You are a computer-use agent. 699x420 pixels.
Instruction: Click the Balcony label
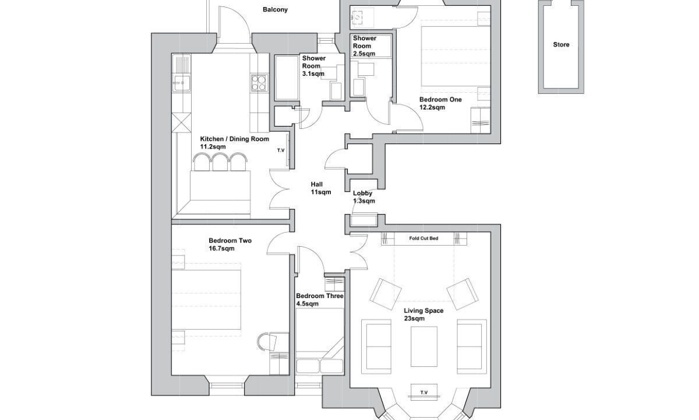click(275, 10)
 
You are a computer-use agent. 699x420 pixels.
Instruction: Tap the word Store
click(561, 45)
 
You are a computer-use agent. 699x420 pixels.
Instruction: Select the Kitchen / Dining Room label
click(234, 139)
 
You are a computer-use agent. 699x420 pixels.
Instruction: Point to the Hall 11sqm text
click(320, 188)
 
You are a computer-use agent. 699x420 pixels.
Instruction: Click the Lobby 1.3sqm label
click(364, 197)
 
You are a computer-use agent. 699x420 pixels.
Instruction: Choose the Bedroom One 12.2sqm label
click(440, 103)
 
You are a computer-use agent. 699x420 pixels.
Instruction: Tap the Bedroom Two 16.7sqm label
click(230, 244)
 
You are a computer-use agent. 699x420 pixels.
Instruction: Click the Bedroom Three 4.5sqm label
click(320, 300)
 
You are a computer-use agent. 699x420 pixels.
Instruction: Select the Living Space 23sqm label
click(423, 314)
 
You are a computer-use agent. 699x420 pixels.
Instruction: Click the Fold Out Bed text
click(423, 239)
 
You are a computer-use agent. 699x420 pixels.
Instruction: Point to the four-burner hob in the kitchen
click(259, 83)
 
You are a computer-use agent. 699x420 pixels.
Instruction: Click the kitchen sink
click(182, 83)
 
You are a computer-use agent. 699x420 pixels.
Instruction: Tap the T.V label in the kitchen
click(281, 150)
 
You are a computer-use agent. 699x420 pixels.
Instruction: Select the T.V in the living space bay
click(424, 393)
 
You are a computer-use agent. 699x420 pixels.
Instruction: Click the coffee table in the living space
click(424, 346)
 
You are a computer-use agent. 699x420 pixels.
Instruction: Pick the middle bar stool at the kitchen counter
click(220, 162)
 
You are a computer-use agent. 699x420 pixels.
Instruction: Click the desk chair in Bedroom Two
click(267, 342)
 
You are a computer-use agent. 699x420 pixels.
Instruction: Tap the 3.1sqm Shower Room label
click(313, 66)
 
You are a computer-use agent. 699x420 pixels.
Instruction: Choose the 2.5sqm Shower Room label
click(365, 46)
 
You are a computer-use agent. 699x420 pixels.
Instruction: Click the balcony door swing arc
click(242, 18)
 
